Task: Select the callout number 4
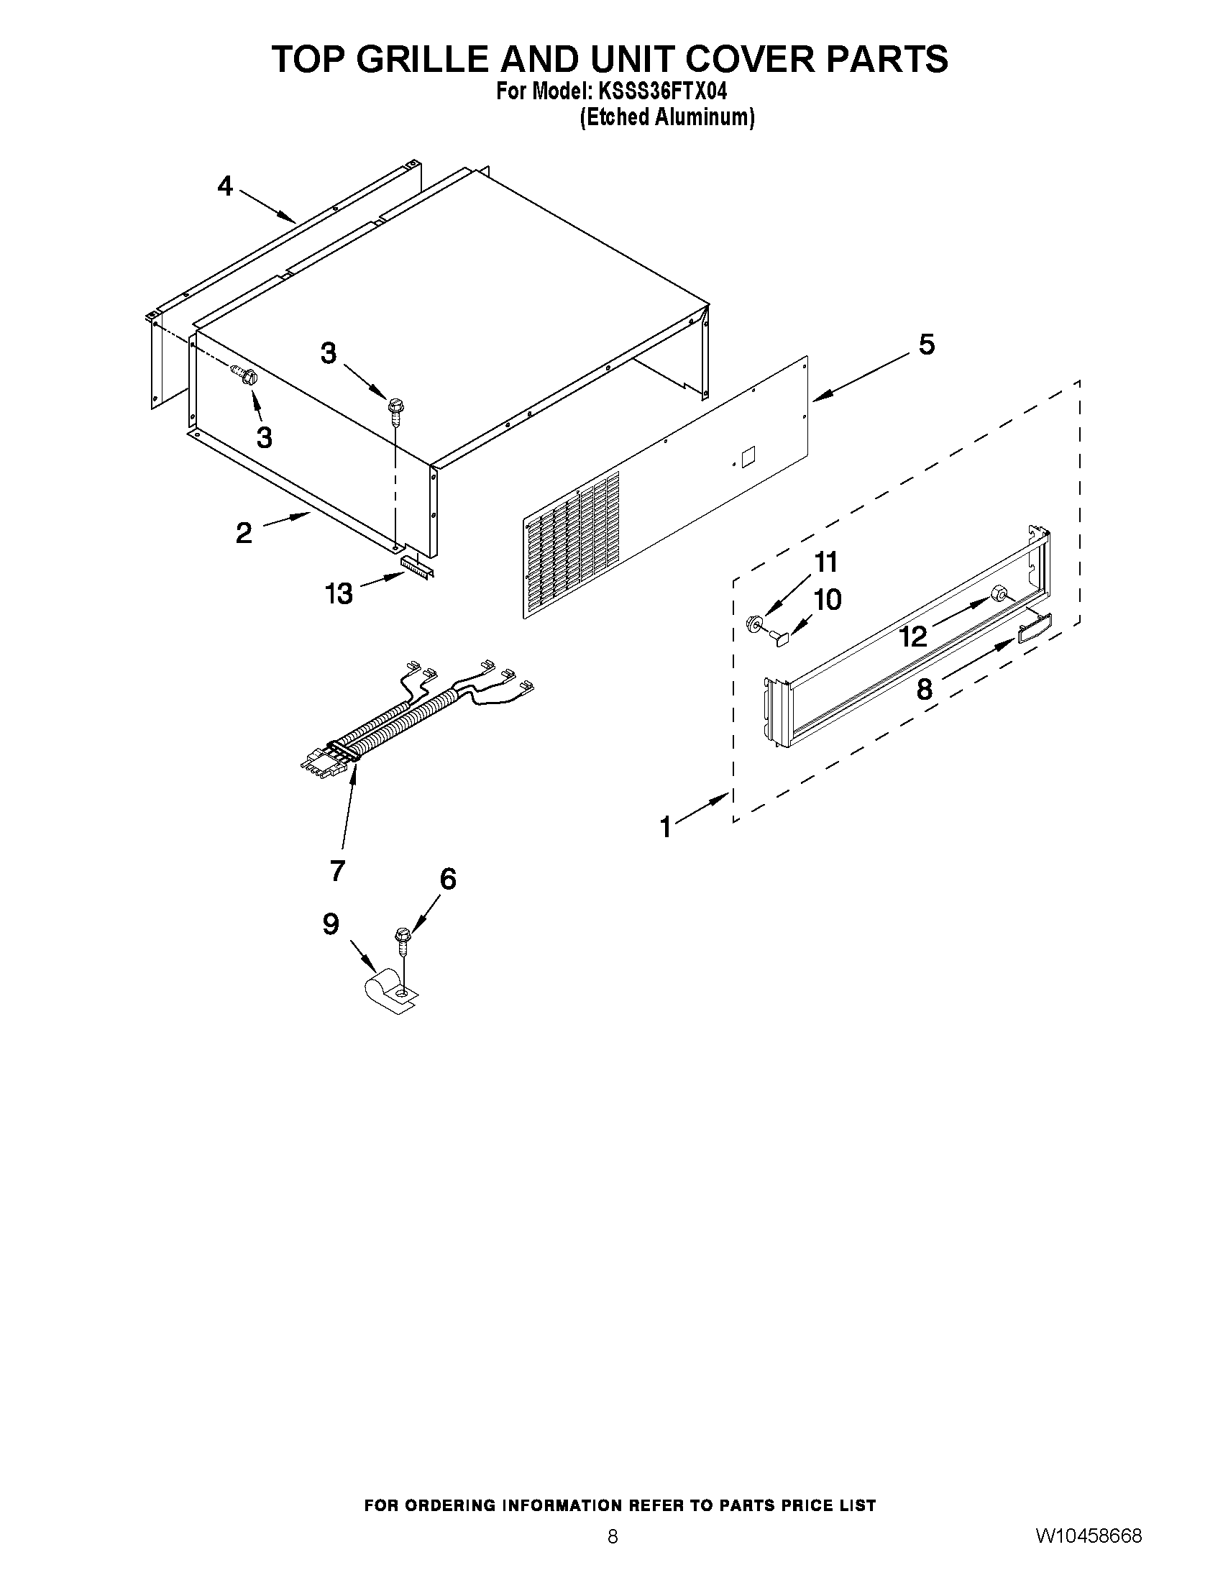click(225, 187)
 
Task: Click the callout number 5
click(927, 345)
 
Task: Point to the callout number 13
click(339, 593)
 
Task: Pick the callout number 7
click(337, 870)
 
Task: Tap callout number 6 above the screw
click(448, 879)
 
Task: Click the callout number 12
click(913, 637)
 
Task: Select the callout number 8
click(925, 689)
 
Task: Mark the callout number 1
click(666, 827)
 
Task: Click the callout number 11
click(826, 562)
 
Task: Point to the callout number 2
click(244, 534)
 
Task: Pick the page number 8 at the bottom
click(613, 1533)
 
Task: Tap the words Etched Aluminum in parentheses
click(667, 117)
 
